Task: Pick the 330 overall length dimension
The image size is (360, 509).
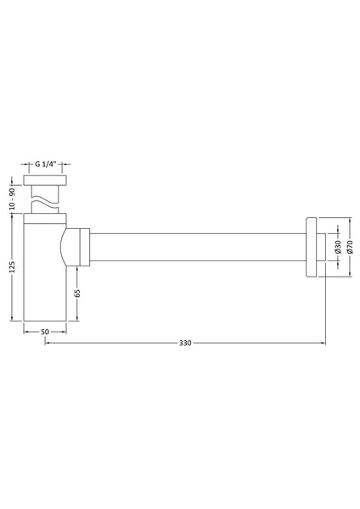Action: tap(184, 343)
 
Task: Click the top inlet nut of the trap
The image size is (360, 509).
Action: tap(46, 184)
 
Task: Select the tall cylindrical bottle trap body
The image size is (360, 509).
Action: tap(42, 271)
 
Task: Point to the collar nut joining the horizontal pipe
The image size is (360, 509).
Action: tap(82, 247)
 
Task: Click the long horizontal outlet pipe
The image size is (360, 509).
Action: tap(195, 247)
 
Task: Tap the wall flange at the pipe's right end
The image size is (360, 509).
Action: tap(312, 247)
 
